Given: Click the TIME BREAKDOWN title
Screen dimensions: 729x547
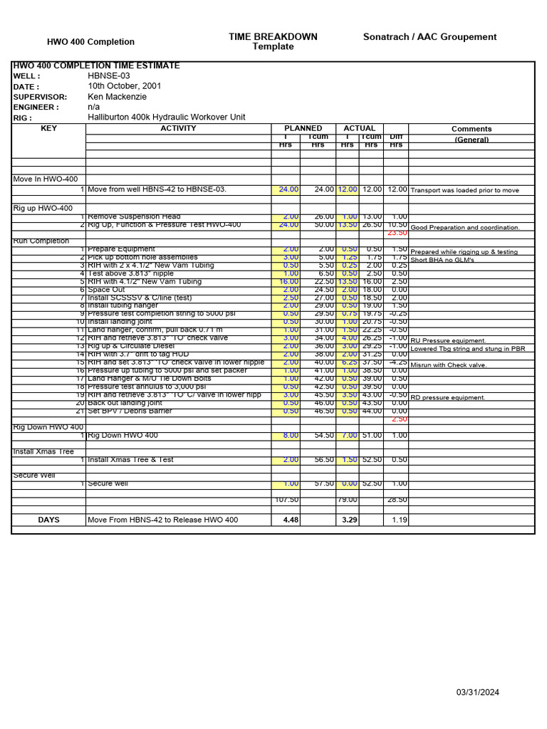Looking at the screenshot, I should pyautogui.click(x=273, y=37).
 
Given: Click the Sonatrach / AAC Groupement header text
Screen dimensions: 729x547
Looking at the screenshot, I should pyautogui.click(x=429, y=37).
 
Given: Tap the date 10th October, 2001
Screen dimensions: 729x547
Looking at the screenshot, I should pyautogui.click(x=124, y=86).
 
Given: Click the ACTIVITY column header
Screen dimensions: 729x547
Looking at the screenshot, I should pyautogui.click(x=178, y=129).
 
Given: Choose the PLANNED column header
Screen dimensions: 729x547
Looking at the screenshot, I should pyautogui.click(x=303, y=128).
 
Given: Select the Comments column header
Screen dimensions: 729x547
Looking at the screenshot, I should pyautogui.click(x=472, y=130).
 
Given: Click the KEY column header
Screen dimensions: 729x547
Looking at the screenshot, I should pyautogui.click(x=48, y=129).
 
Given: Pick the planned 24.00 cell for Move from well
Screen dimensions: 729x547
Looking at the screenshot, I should pyautogui.click(x=288, y=190).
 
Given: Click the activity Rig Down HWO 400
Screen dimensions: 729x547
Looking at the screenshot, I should pyautogui.click(x=123, y=436).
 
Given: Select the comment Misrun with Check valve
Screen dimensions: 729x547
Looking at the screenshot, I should pyautogui.click(x=449, y=364).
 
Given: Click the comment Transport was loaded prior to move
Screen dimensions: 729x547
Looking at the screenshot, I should pyautogui.click(x=465, y=191).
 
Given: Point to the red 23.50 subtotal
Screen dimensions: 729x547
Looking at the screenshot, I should pyautogui.click(x=397, y=233).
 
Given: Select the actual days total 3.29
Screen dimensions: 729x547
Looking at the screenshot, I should pyautogui.click(x=349, y=520).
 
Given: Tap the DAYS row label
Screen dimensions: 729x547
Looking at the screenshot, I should pyautogui.click(x=48, y=520).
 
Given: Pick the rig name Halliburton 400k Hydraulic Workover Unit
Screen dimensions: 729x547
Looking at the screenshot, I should pyautogui.click(x=166, y=117).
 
